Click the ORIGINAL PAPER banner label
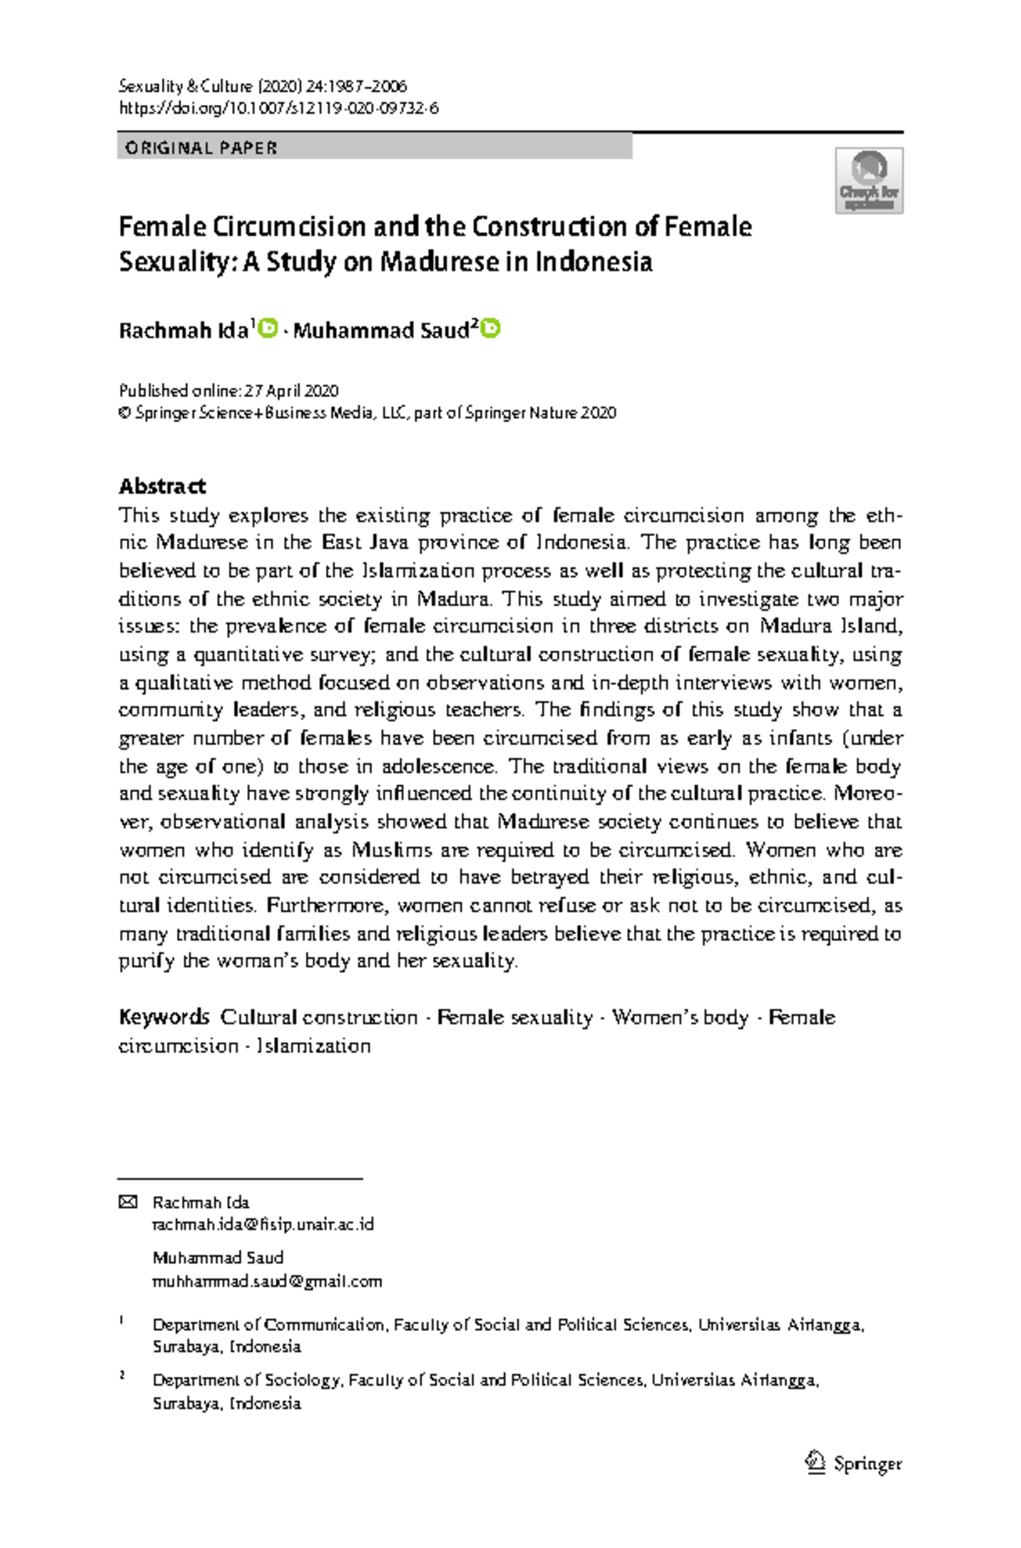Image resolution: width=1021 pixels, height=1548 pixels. coord(201,148)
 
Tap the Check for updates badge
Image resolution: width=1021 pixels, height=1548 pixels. coord(869,180)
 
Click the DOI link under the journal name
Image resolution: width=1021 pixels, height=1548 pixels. coord(278,108)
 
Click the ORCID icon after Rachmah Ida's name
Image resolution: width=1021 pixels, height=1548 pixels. coord(268,328)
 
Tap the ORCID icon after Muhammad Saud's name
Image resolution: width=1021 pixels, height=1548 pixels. coord(491,328)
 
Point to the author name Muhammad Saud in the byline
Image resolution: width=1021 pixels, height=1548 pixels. coord(380,331)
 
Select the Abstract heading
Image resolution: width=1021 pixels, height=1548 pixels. coord(162,487)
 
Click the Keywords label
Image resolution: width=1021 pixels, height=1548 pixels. coord(163,1017)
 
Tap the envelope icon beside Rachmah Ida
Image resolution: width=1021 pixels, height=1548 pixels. coord(128,1202)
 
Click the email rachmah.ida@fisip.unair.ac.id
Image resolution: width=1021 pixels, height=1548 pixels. coord(263,1225)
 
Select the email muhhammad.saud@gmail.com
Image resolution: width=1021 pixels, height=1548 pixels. coord(267,1281)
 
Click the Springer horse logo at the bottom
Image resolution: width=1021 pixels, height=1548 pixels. coord(815,1462)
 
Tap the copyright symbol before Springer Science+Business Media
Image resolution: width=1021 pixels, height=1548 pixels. coord(124,413)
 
